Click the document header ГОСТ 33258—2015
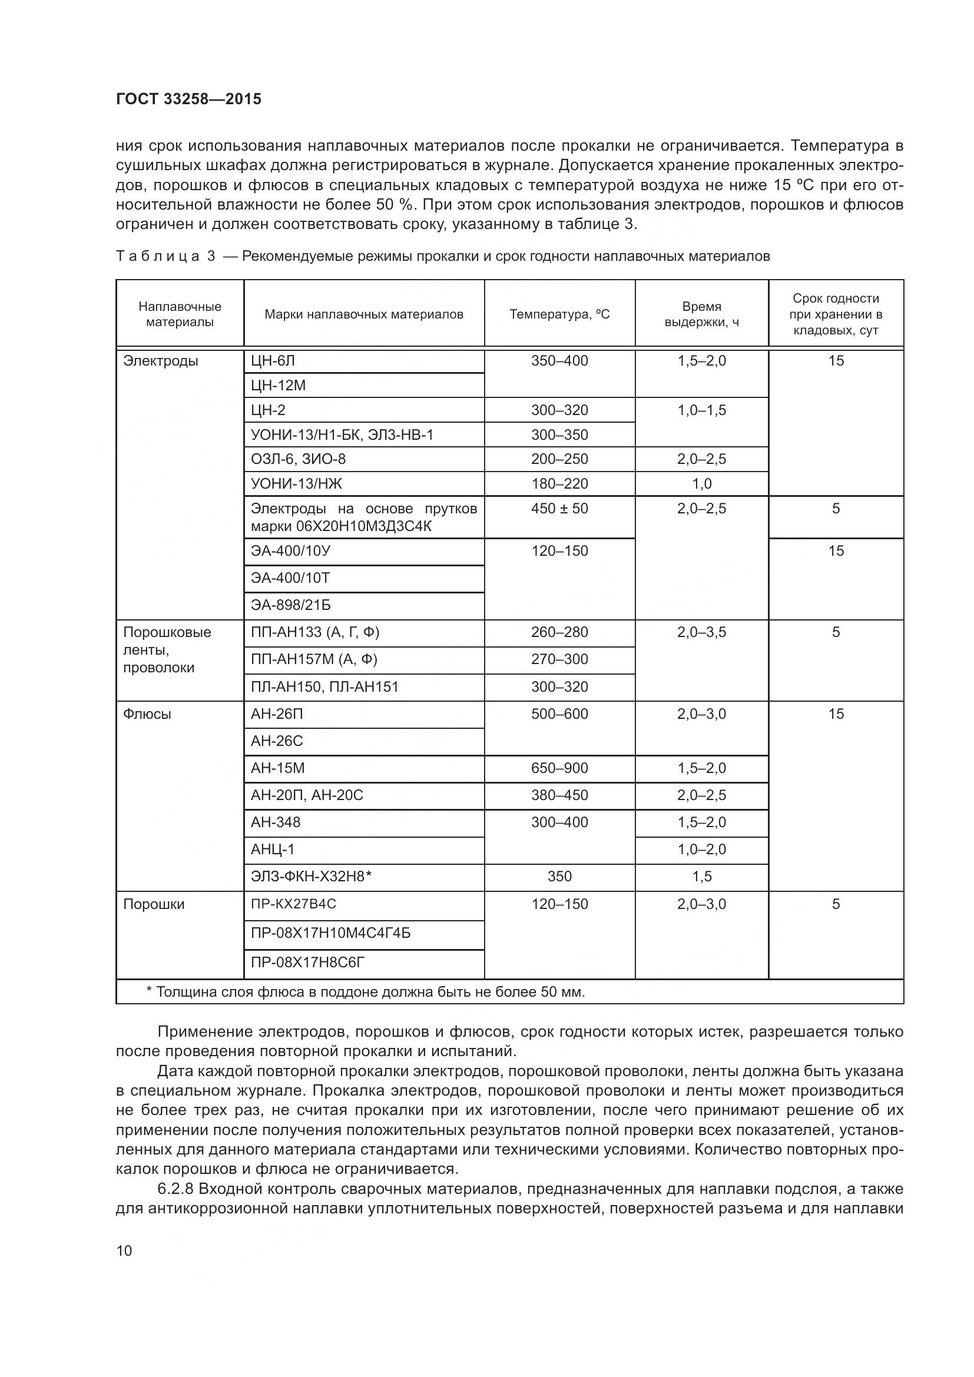coord(188,99)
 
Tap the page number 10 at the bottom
coord(124,1250)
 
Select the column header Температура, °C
coord(559,314)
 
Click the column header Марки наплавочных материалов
coord(363,314)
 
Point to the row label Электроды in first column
coord(160,361)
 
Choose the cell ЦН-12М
coord(279,386)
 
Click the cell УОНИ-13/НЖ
coord(296,483)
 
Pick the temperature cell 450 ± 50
coord(559,509)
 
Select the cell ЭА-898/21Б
coord(290,605)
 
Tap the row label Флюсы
coord(147,714)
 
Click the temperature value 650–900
coord(559,768)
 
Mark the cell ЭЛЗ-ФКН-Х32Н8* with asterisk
coord(312,876)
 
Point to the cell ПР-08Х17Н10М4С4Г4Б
coord(330,933)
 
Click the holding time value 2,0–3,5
coord(701,632)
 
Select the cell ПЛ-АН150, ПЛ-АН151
coord(324,686)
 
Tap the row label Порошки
coord(154,904)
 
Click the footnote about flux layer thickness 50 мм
coord(365,992)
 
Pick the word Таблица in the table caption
coord(158,257)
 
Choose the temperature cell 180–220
coord(559,483)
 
